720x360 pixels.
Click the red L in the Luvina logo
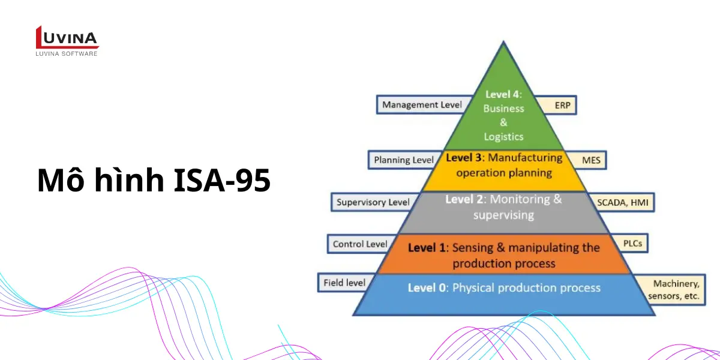coord(39,37)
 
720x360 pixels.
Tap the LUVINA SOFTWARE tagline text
coord(66,53)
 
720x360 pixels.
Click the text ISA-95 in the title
coord(222,180)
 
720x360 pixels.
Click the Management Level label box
coord(422,105)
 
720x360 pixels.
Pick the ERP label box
coord(559,105)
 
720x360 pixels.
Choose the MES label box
coord(587,160)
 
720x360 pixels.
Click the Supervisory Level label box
coord(373,202)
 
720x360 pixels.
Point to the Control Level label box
coord(359,244)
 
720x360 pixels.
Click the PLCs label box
coord(630,244)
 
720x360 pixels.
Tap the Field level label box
coord(344,283)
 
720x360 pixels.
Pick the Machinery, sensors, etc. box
coord(671,290)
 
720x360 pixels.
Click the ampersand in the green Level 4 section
coord(503,122)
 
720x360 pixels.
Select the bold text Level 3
coord(463,158)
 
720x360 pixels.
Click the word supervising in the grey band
coord(503,215)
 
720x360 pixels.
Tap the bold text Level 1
coord(427,248)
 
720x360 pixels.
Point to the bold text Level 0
coord(427,287)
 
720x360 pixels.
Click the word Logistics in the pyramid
coord(503,137)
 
